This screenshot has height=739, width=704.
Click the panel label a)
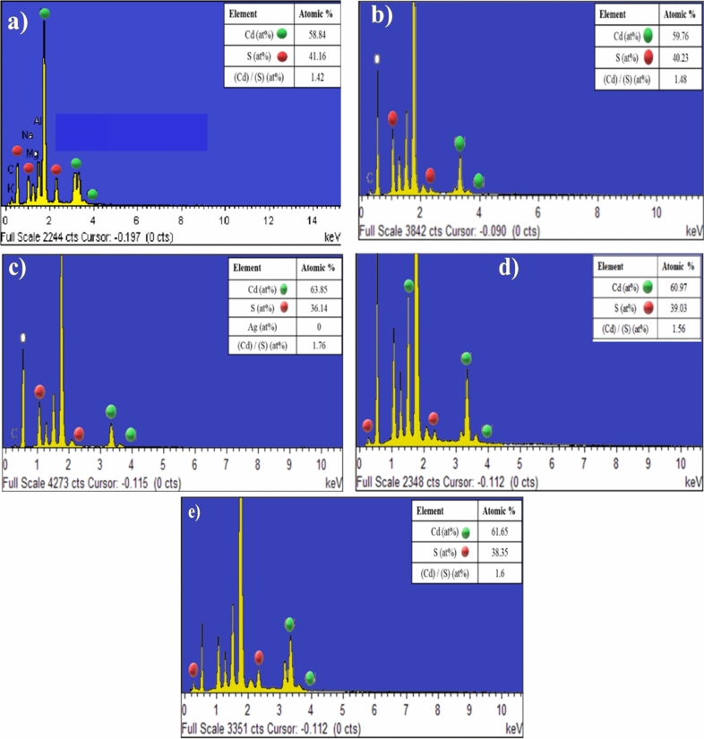click(17, 23)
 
